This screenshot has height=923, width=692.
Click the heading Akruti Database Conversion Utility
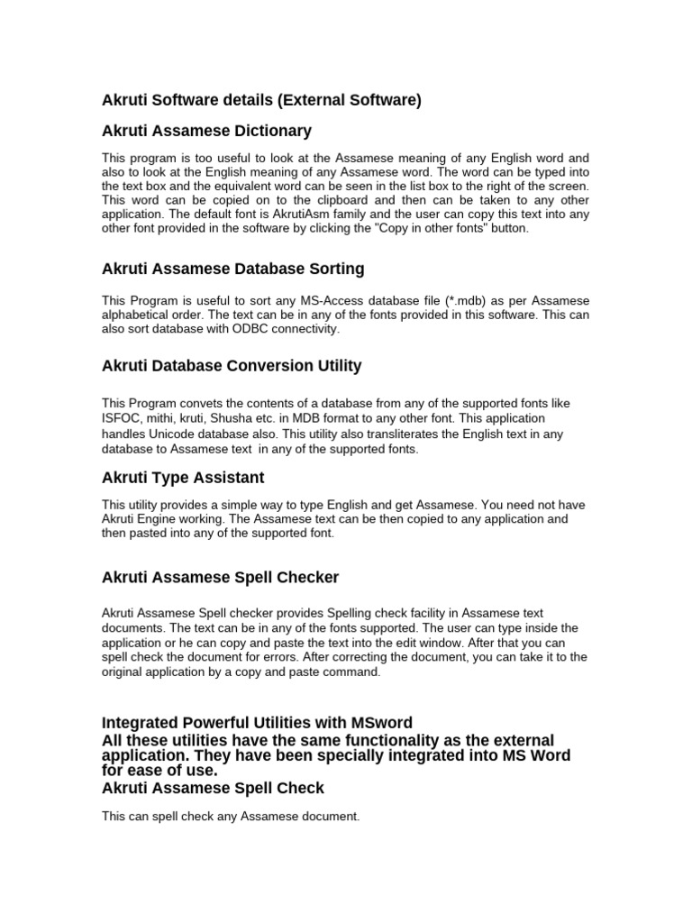coord(232,366)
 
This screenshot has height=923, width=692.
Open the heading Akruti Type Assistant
coord(183,477)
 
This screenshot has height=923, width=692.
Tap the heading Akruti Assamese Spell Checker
coord(221,577)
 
